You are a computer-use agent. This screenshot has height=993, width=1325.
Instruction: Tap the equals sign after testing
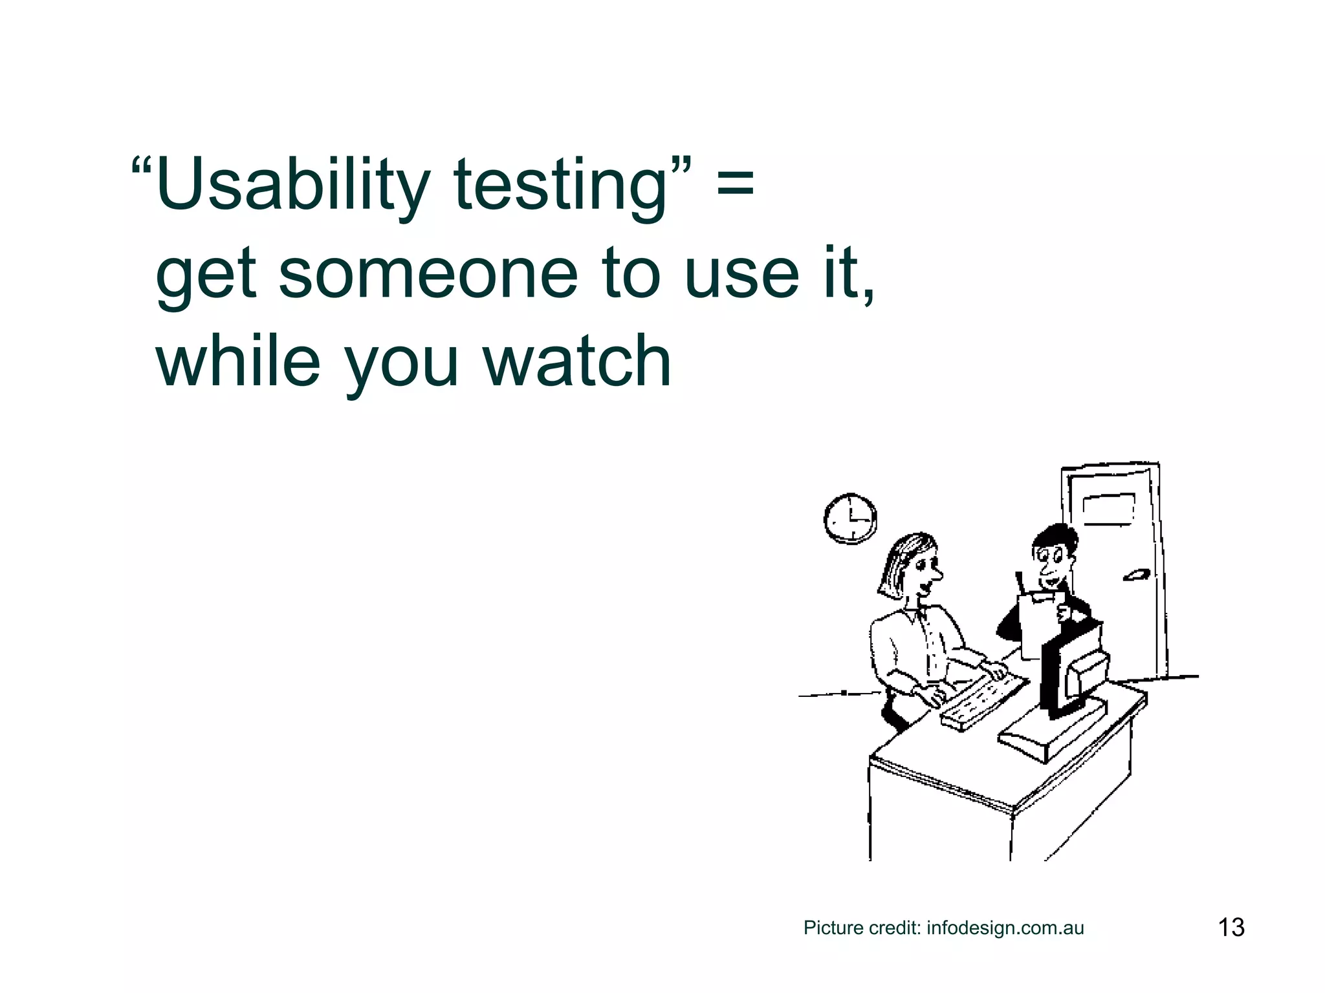736,182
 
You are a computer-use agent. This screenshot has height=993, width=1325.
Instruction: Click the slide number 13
1231,927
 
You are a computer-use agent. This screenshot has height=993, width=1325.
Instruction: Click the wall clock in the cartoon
850,518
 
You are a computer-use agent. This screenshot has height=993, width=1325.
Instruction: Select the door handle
1136,574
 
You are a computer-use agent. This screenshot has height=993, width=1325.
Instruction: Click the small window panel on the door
1108,509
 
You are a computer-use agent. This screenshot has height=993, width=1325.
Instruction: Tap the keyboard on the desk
983,701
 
